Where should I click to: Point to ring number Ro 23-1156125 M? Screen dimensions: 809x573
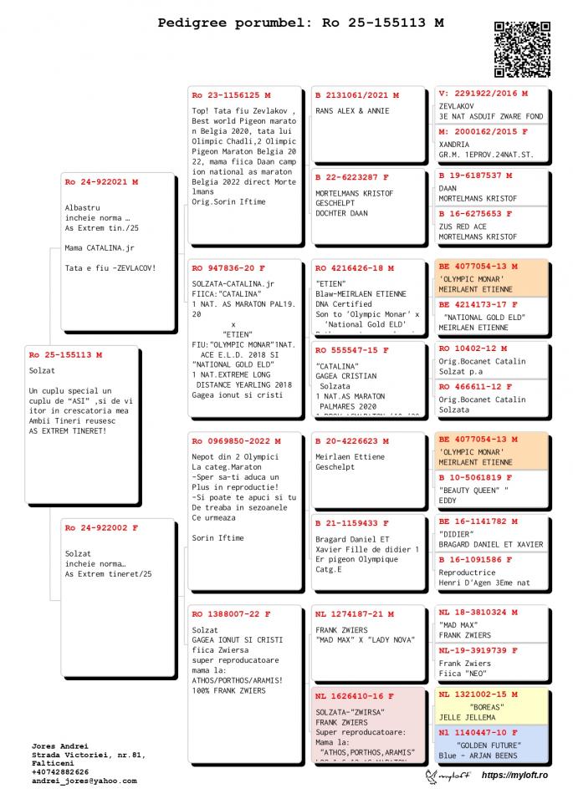pyautogui.click(x=232, y=94)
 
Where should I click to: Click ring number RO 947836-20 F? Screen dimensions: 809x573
pyautogui.click(x=228, y=268)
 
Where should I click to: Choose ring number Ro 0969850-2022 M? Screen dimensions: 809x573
pyautogui.click(x=237, y=440)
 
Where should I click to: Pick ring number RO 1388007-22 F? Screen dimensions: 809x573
pyautogui.click(x=231, y=613)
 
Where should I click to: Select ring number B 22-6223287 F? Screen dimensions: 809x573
pyautogui.click(x=352, y=177)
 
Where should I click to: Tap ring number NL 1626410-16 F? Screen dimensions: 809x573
pyautogui.click(x=355, y=695)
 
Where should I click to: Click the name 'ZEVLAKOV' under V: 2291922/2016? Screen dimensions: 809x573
pyautogui.click(x=457, y=107)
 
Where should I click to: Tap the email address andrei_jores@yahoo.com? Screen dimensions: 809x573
pyautogui.click(x=84, y=781)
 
